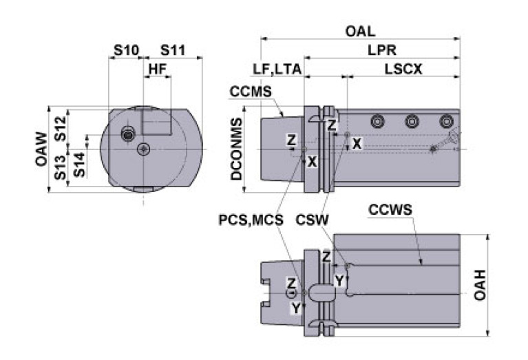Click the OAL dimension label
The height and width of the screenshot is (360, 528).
coord(360,31)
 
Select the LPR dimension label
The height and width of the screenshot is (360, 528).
coord(382,50)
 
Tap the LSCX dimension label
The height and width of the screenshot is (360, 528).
coord(403,69)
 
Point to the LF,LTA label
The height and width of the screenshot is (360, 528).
coord(277,70)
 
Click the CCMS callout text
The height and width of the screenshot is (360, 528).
coord(251,92)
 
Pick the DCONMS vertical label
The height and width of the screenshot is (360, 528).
coord(236,149)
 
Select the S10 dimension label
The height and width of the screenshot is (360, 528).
coord(126,50)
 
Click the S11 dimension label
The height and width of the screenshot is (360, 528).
coord(173,50)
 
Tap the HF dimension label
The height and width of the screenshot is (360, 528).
coord(158,69)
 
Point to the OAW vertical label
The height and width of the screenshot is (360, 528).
coord(41,149)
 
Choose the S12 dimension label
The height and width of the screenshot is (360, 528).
coord(61,128)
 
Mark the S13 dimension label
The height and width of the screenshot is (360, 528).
coord(61,167)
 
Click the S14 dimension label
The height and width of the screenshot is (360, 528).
coord(79,165)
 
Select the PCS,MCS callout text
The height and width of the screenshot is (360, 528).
coord(251,220)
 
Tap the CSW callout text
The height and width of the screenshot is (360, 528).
coord(312,220)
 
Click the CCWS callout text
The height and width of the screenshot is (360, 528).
coord(390,209)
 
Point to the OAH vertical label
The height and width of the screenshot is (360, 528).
coord(480,285)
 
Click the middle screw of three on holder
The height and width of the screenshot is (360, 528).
coord(412,121)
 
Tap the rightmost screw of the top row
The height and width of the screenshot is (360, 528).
coord(447,121)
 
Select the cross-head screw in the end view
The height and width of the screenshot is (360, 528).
coord(144,149)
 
